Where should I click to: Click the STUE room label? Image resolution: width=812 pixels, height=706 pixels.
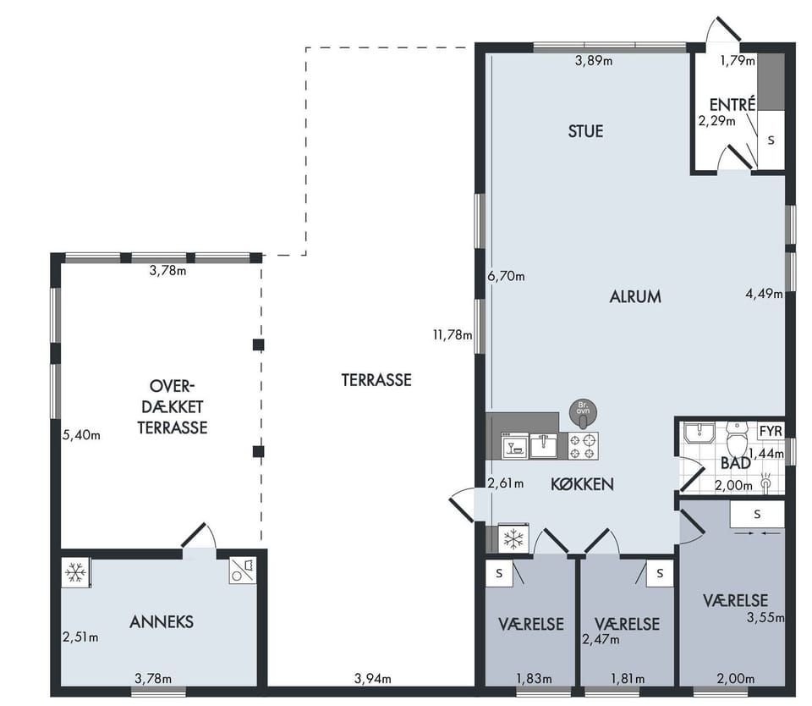[585, 131]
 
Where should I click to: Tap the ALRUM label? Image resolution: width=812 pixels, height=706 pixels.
[635, 296]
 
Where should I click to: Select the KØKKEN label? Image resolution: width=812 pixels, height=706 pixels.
[582, 484]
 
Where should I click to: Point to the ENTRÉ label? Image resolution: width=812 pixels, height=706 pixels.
[732, 104]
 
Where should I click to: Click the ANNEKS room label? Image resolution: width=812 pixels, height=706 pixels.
[162, 621]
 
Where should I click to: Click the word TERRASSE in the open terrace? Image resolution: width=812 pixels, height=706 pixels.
[376, 380]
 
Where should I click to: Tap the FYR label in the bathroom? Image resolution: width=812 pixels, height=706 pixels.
[771, 431]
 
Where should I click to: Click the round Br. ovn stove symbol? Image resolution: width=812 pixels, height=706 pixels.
[583, 413]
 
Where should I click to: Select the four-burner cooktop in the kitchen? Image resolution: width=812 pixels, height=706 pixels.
[583, 446]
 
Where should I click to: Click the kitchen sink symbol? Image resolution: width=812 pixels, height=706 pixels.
[544, 446]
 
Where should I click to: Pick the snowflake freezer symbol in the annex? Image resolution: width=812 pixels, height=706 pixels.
[75, 573]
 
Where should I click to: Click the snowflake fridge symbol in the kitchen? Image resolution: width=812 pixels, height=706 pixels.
[513, 538]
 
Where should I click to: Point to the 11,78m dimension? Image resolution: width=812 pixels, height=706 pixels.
[453, 335]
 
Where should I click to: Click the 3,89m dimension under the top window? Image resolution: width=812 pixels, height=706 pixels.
[594, 61]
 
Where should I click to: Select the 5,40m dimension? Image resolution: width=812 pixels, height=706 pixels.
[81, 435]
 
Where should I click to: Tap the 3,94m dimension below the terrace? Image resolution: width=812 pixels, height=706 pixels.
[372, 678]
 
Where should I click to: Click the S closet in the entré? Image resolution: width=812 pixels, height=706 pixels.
[771, 140]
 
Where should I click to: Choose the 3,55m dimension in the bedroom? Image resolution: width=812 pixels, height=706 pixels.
[765, 617]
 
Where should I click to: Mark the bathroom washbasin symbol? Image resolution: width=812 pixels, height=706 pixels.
[700, 433]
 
